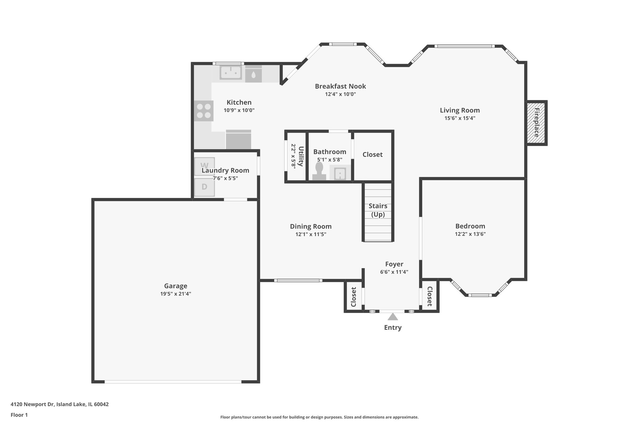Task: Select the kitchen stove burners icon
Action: (204, 111)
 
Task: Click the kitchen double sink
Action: (231, 72)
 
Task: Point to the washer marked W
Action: (204, 166)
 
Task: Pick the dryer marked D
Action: (204, 187)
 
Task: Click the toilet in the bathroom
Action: (319, 171)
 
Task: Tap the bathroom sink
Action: (340, 174)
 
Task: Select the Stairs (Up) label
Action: (378, 210)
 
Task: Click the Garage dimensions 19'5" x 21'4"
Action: (176, 294)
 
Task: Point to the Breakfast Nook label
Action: (340, 86)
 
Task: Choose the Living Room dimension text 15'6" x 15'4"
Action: (460, 118)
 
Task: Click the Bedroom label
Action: (470, 226)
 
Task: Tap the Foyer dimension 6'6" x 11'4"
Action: (394, 272)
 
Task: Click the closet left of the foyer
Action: (354, 297)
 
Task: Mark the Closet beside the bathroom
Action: (373, 154)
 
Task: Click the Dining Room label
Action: (310, 226)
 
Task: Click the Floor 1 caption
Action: (19, 415)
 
